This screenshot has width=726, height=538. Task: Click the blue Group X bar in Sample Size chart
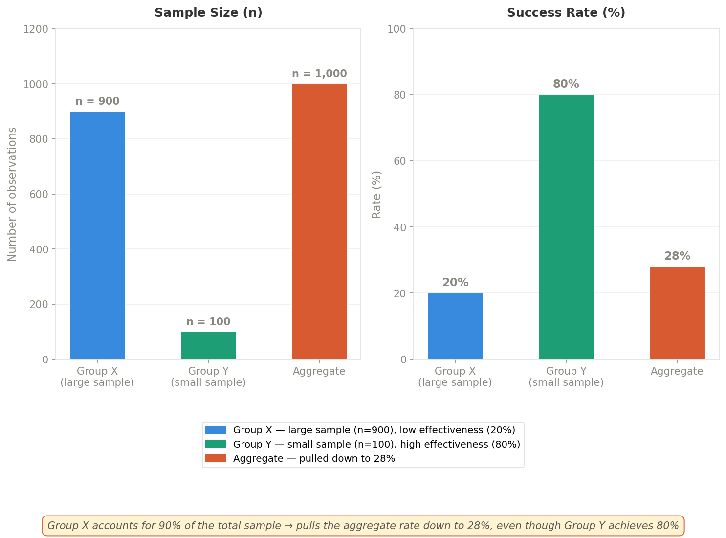97,235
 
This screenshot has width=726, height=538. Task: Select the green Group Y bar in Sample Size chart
208,346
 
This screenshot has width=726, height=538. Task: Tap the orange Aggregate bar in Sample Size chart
319,222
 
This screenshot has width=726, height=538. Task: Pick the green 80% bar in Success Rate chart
566,227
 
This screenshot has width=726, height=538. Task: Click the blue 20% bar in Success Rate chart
455,326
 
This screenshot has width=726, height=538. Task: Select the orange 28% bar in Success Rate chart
677,313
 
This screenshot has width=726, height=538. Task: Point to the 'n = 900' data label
97,102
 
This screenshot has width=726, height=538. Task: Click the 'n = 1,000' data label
319,74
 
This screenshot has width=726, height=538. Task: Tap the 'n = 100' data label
208,322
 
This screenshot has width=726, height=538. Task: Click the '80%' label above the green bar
566,84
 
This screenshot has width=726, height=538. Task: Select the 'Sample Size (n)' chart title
208,13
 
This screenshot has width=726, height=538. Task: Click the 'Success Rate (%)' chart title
566,13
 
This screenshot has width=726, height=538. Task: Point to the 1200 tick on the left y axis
36,29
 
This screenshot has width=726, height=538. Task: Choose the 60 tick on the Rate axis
400,161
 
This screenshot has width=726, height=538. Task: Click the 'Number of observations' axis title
12,194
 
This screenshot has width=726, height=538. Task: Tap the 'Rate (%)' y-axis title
376,194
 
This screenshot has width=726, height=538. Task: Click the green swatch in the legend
215,444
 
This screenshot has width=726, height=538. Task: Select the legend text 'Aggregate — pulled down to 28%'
314,458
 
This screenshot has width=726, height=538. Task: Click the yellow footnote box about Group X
363,526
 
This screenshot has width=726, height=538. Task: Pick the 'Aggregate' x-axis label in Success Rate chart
677,371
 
